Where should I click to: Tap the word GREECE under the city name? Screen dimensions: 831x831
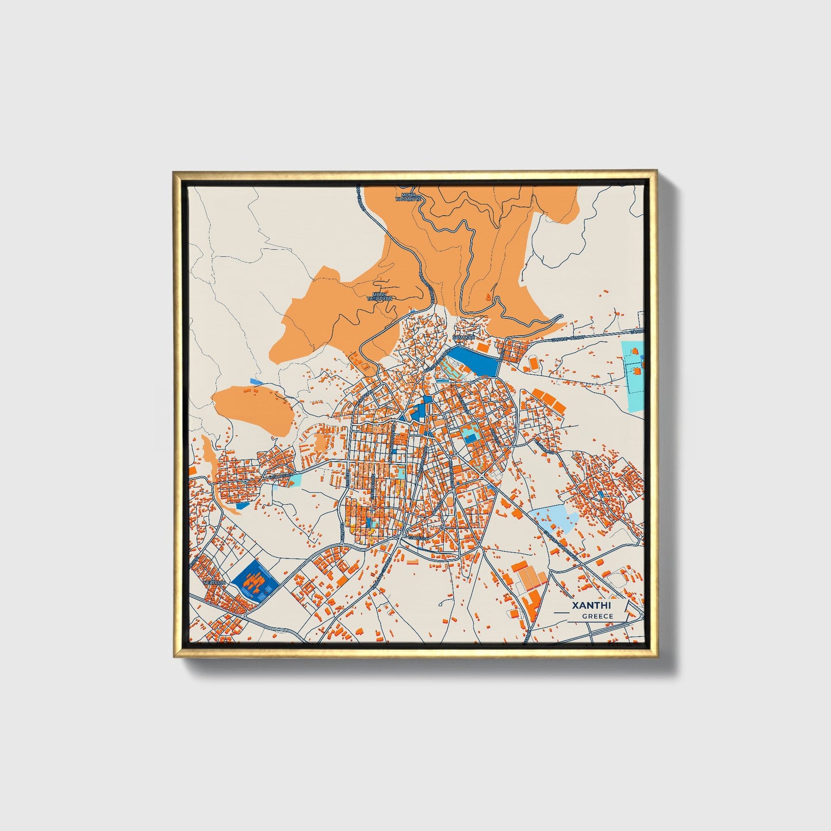coord(598,616)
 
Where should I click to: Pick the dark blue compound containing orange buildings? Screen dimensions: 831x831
coord(255,580)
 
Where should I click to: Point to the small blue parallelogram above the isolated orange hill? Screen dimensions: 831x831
coord(256,381)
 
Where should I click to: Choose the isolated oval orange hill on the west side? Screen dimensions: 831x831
coord(251,408)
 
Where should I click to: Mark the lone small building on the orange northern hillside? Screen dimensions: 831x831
coord(489,297)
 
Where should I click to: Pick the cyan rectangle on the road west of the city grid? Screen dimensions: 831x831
coord(295,478)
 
